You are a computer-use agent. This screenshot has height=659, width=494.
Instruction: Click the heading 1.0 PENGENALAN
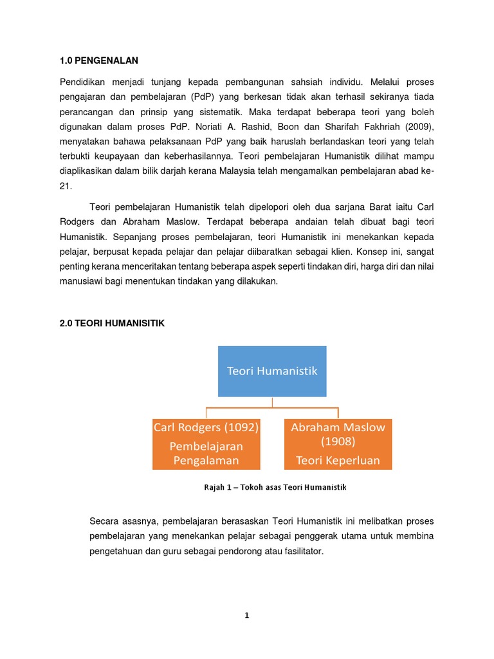pos(99,60)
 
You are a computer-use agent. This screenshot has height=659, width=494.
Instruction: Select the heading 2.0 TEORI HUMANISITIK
pos(112,324)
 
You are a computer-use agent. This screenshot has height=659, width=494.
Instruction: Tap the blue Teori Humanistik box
pos(272,371)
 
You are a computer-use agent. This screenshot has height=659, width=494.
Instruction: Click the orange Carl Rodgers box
pos(206,443)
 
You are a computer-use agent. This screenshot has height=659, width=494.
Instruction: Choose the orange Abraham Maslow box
pos(338,443)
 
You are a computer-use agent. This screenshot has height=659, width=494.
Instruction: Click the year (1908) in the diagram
pos(338,442)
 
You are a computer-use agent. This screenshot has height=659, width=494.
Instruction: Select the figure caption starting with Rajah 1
pos(275,487)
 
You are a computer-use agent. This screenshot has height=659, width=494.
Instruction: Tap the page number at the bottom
pos(246,615)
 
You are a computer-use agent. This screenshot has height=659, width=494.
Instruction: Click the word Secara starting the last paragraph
pos(106,521)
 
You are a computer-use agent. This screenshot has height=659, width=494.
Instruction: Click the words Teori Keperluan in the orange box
pos(338,460)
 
